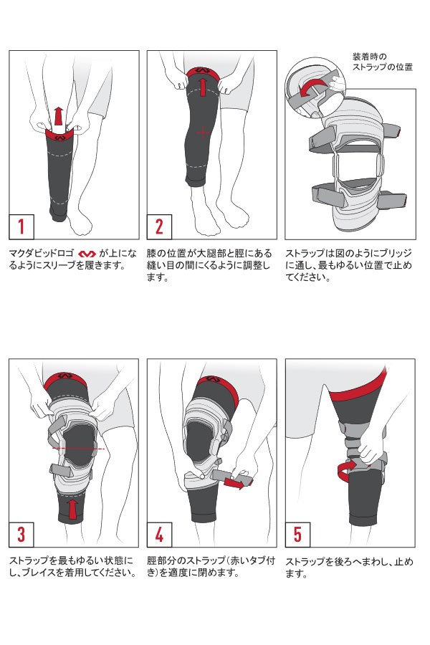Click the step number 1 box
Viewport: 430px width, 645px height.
coord(21,226)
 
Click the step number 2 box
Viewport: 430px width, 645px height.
coord(159,226)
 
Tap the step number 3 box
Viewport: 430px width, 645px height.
coord(21,535)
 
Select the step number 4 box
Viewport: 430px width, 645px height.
coord(159,535)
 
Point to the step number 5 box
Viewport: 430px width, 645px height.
coord(297,535)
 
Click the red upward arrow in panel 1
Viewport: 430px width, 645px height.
coord(59,116)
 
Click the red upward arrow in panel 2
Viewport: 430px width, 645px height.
coord(202,87)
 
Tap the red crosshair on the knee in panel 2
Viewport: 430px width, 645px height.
coord(203,133)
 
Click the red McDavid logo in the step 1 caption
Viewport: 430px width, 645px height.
coord(87,254)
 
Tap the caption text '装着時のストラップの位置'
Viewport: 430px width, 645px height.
coord(382,62)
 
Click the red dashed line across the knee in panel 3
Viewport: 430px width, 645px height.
coord(79,449)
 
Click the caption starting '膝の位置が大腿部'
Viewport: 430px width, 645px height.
coord(209,265)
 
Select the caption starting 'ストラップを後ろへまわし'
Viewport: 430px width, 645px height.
coord(349,568)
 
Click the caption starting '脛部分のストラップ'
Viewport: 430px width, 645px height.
coord(211,566)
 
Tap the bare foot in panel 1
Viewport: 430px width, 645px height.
coord(80,222)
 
